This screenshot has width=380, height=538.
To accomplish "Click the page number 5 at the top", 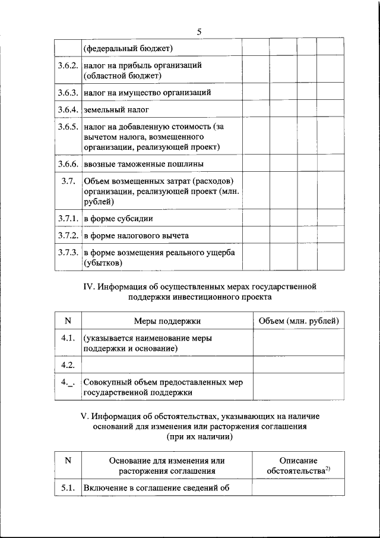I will coord(199,32).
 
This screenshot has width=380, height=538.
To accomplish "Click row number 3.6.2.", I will coord(68,65).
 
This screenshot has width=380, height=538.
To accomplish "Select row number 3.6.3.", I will coord(68,93).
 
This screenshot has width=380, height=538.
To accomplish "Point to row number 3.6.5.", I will coord(68,127).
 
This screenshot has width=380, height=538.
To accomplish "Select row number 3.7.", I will coord(67,181).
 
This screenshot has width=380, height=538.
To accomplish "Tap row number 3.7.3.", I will coord(68,253).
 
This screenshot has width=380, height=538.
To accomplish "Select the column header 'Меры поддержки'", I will coord(167,321).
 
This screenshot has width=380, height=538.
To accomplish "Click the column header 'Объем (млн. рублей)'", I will coord(300,321).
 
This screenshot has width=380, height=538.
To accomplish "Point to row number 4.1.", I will coord(67,338).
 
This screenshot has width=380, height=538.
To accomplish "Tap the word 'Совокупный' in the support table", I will coord(107,382).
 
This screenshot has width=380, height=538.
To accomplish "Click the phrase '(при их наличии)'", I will coord(199,436).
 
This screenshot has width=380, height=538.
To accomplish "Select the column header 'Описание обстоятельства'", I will coord(299,465).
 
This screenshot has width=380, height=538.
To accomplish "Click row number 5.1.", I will coord(67,488).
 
